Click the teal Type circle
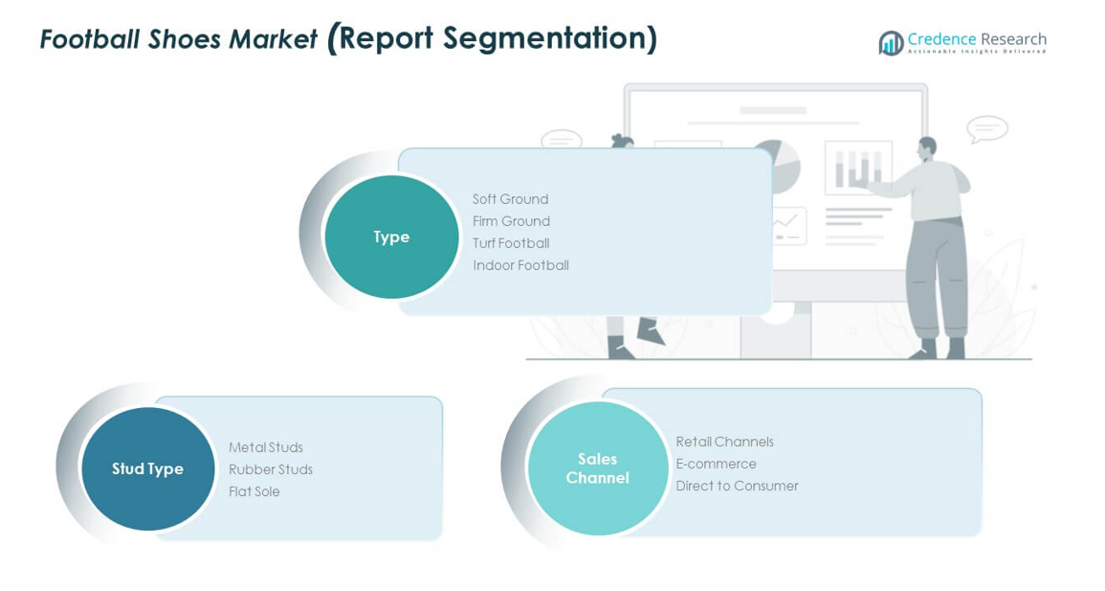coord(391,237)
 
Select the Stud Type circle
coord(147,468)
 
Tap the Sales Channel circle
coord(597,467)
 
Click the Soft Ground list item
coord(510,199)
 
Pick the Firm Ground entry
coord(511,221)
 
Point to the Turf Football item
coord(511,243)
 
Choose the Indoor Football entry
coord(520,265)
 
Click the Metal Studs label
coord(266,447)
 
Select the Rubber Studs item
coord(271,469)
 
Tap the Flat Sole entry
coord(254,491)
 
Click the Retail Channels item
coord(724,442)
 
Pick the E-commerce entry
coord(716,464)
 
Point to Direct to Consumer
coord(737,486)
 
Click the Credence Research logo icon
coord(891,42)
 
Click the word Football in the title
coord(88,39)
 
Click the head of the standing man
coord(926,148)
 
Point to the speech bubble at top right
coord(986,128)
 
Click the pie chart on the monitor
coord(780,165)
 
